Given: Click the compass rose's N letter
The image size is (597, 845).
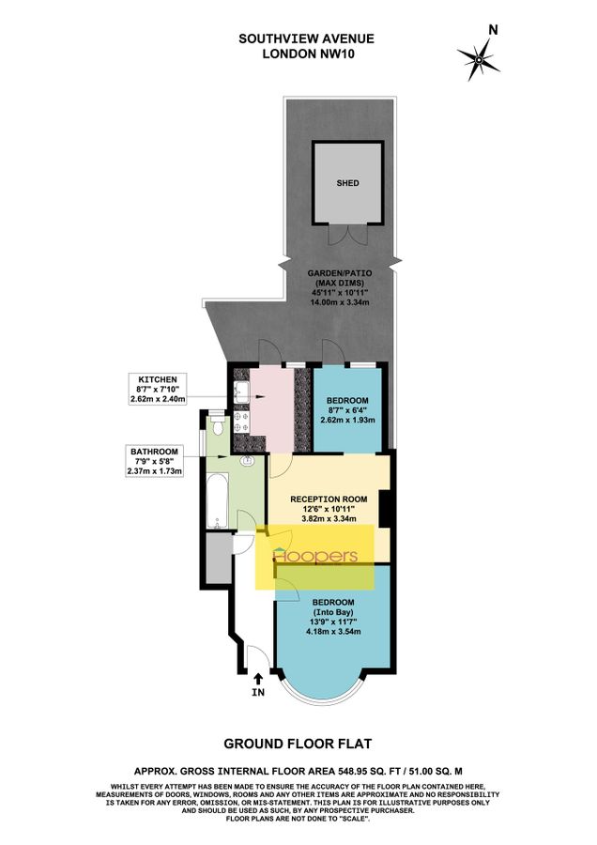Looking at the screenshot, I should [493, 30].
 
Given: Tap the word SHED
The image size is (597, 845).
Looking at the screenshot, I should [348, 184].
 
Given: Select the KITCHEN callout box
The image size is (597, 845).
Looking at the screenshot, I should [159, 387].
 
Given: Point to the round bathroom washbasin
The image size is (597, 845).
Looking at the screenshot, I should [248, 460].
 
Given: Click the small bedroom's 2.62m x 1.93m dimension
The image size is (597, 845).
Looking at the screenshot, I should [348, 420].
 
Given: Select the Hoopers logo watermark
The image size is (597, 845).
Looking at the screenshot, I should [315, 558].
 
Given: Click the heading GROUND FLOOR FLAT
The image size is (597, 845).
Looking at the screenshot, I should [298, 745].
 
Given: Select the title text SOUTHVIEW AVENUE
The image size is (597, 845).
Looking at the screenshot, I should [298, 38].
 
